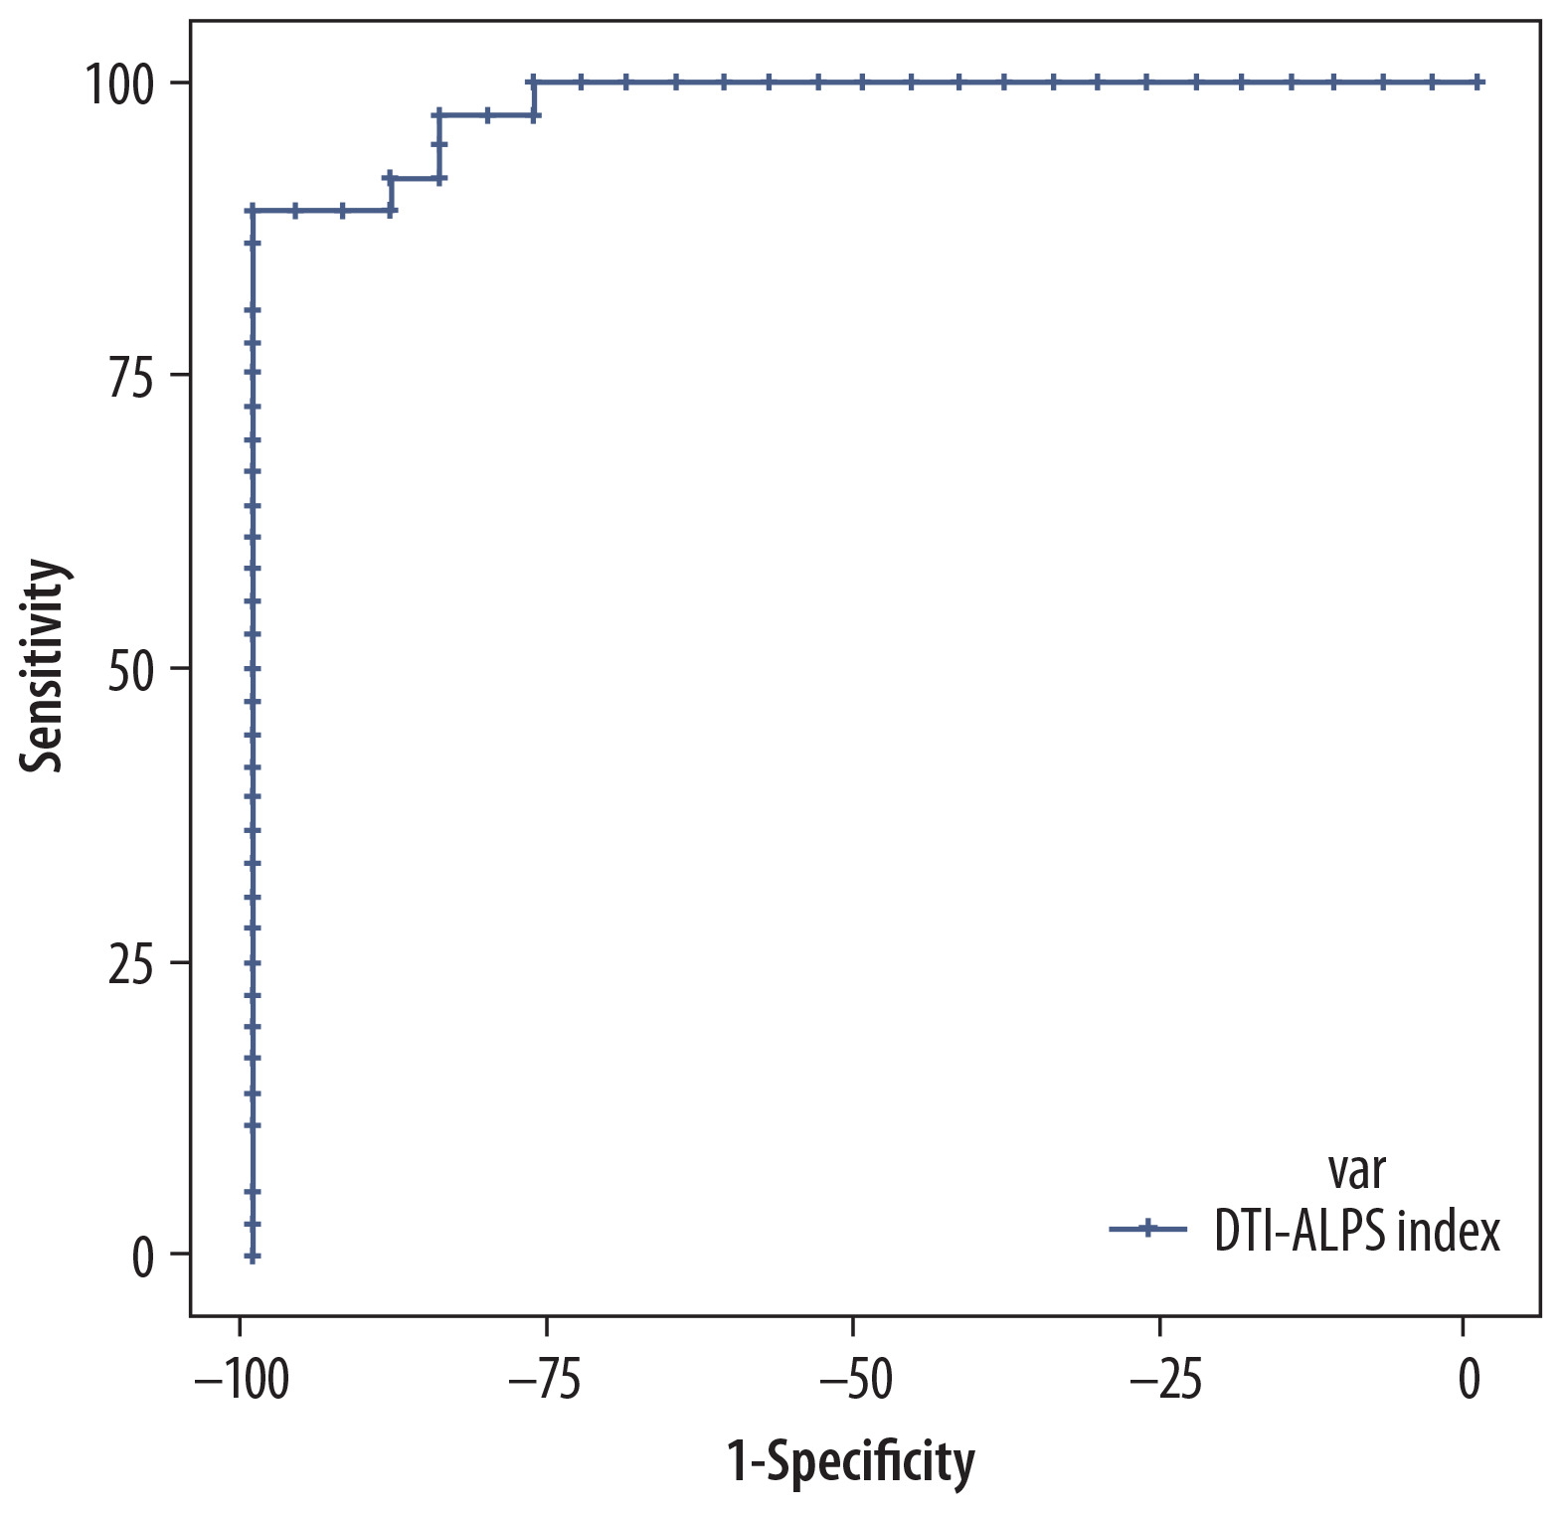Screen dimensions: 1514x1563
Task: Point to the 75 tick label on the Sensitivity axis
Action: [x=131, y=378]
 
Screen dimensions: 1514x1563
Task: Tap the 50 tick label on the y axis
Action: [x=131, y=671]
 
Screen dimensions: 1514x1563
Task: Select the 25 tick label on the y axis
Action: [x=131, y=965]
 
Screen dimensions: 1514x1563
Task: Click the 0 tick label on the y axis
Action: [x=143, y=1258]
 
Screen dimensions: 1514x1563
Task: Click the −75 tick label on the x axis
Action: [x=546, y=1381]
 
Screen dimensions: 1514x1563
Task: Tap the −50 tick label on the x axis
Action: [x=852, y=1381]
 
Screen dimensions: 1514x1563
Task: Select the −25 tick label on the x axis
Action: [x=1159, y=1381]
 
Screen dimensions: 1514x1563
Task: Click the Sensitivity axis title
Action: [x=44, y=666]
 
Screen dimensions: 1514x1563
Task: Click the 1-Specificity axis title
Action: [x=851, y=1462]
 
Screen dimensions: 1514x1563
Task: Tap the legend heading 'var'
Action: [x=1356, y=1171]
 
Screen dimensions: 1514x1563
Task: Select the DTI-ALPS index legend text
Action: [x=1356, y=1232]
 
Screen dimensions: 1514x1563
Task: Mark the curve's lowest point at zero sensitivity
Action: [x=253, y=1257]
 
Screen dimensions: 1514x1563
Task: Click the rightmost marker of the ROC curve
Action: [x=1478, y=82]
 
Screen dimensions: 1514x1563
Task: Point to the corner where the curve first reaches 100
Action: [x=534, y=82]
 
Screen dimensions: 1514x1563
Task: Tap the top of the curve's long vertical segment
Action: [x=253, y=211]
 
